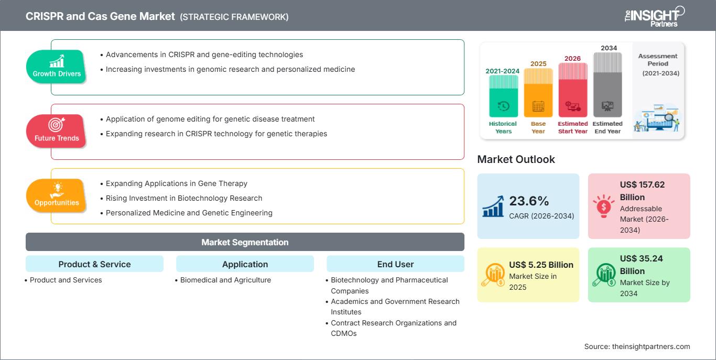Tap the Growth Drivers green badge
pos(57,67)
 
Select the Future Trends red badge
pos(57,131)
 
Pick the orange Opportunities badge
pos(57,195)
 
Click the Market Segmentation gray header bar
pos(245,242)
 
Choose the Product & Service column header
pos(94,264)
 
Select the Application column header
pos(245,264)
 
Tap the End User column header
pos(395,264)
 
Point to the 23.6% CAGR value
pos(528,201)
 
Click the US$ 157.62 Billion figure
pos(642,190)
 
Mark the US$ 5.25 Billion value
pos(541,265)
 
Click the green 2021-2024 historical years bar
pos(503,96)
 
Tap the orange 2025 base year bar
pos(538,93)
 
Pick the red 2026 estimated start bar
pos(572,89)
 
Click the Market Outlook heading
pos(516,159)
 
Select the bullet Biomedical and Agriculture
pos(225,280)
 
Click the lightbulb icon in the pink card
pos(604,206)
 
